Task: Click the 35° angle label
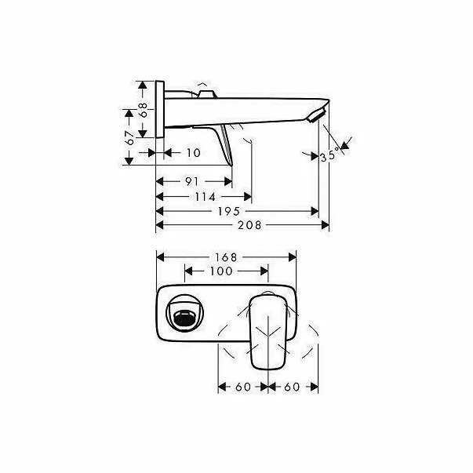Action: pyautogui.click(x=330, y=156)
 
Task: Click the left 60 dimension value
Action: pyautogui.click(x=242, y=387)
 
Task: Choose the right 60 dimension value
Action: pyautogui.click(x=293, y=387)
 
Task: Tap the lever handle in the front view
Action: pyautogui.click(x=269, y=328)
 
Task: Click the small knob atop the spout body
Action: pyautogui.click(x=206, y=95)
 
